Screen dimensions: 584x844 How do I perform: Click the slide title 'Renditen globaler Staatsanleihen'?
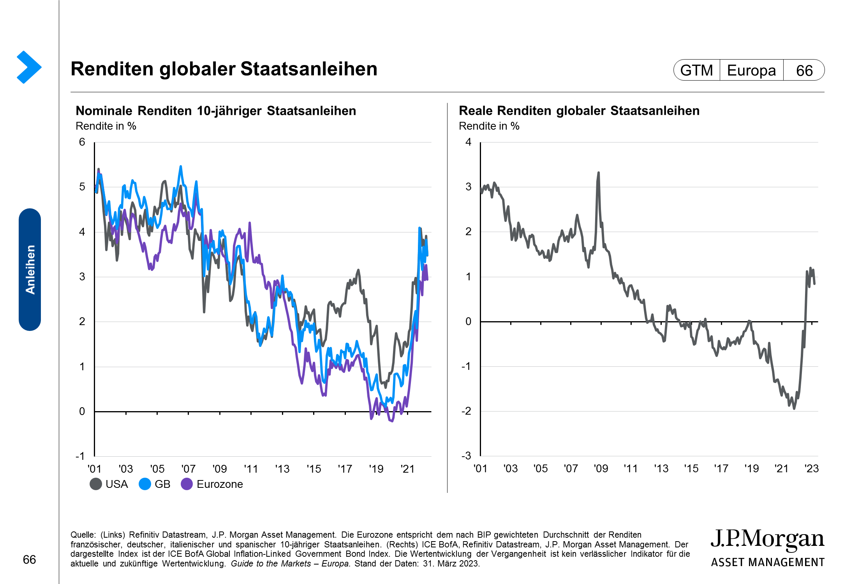point(224,69)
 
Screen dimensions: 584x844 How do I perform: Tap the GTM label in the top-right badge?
point(696,70)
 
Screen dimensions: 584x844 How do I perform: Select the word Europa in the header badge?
point(751,70)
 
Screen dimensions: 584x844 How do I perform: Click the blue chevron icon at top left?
point(29,67)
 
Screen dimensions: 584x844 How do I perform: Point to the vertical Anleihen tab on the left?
point(30,269)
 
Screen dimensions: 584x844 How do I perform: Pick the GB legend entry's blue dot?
point(145,484)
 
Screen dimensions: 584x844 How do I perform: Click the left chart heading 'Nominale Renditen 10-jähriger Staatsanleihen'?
point(216,111)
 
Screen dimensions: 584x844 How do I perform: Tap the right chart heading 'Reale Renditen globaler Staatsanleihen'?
point(579,111)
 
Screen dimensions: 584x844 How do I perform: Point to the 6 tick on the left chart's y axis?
point(82,142)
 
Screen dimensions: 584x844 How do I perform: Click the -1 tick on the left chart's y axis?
point(80,456)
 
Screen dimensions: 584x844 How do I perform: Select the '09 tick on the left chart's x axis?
point(220,469)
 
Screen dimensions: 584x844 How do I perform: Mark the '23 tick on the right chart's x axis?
point(812,468)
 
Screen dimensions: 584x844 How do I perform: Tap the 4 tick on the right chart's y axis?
point(468,142)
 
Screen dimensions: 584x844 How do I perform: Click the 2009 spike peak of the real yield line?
point(599,173)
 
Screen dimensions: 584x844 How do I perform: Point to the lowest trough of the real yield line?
point(794,408)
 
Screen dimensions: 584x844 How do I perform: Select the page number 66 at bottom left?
point(30,559)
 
